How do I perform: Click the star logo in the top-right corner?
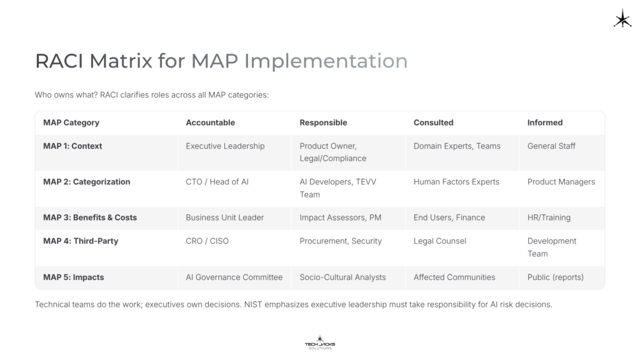coord(622,19)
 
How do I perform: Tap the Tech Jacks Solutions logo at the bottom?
coord(319,342)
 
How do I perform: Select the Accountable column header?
coord(210,122)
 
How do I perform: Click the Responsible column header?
coord(323,122)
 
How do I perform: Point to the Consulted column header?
coord(433,122)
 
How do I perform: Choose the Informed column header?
coord(544,122)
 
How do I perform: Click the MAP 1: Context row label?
coord(72,146)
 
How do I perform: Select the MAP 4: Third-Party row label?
coord(81,241)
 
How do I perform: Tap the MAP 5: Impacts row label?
coord(74,277)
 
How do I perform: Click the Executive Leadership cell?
coord(225,146)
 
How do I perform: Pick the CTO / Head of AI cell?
coord(217,182)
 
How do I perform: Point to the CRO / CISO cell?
coord(207,241)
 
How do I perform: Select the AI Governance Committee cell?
coord(234,277)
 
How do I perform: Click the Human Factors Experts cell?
coord(456,182)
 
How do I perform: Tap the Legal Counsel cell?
coord(439,241)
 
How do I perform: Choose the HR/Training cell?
coord(549,217)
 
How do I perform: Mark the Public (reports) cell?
coord(555,277)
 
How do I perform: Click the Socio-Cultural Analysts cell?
coord(342,277)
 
